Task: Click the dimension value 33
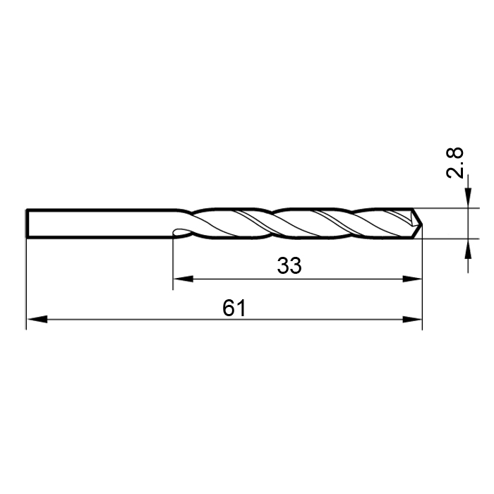pos(289,265)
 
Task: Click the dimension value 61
pos(234,308)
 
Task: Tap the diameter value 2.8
pos(455,163)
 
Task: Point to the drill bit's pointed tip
pos(422,224)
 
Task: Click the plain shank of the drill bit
pos(101,223)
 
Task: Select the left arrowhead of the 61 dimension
pos(37,319)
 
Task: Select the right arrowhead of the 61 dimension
pos(412,319)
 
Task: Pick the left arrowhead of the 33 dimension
pos(183,279)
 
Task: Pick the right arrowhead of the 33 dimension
pos(412,279)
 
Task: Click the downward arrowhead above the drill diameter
pos(468,198)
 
